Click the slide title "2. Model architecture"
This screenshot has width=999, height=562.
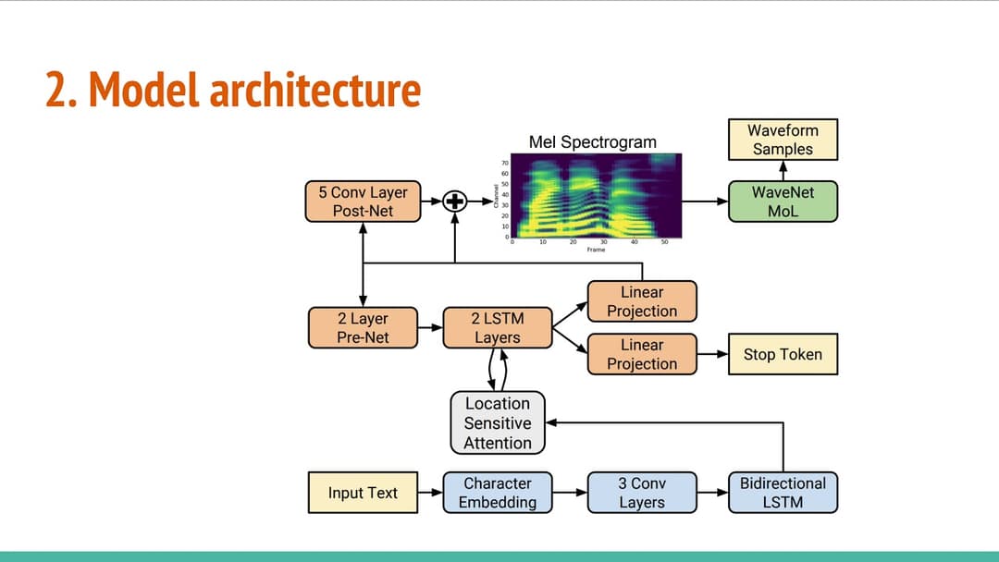point(233,91)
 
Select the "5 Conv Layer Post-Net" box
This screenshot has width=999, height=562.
point(363,202)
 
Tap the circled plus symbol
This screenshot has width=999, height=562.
point(454,202)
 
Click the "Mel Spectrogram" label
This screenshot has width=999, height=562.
point(592,141)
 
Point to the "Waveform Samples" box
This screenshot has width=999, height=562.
point(783,140)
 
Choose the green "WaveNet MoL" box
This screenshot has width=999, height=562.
point(783,202)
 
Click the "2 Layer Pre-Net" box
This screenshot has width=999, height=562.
point(363,328)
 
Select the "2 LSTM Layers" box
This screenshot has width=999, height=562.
point(497,328)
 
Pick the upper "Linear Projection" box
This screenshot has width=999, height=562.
point(642,301)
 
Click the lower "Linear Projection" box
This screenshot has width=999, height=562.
point(642,354)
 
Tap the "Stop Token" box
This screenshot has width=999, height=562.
point(783,354)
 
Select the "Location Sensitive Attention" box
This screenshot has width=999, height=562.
point(498,423)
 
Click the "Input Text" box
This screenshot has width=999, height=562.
point(363,493)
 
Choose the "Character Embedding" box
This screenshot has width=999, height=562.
point(498,493)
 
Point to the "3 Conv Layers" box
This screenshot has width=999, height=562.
point(642,493)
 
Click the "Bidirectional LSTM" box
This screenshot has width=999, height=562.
point(783,493)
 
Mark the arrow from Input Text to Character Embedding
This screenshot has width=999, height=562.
point(430,493)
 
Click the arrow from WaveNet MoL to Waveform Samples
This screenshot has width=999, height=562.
point(783,170)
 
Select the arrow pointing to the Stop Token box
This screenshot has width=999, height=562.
point(712,354)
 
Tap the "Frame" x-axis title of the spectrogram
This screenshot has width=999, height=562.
point(596,250)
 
